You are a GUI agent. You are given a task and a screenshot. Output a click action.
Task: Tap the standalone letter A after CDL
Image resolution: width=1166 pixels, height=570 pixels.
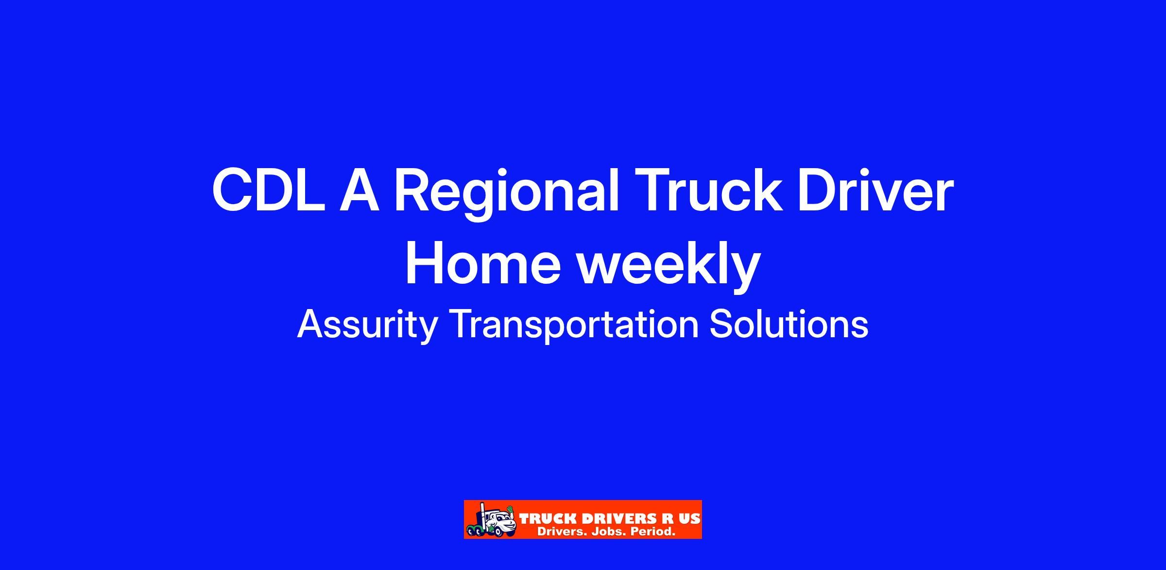tap(359, 190)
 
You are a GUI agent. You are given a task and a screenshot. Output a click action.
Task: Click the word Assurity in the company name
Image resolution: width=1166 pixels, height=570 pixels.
tap(367, 326)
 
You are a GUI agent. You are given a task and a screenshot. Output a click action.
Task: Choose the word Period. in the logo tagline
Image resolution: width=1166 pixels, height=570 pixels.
tap(653, 532)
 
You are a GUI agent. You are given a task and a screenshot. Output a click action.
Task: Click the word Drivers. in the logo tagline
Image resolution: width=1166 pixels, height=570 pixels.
tap(562, 532)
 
